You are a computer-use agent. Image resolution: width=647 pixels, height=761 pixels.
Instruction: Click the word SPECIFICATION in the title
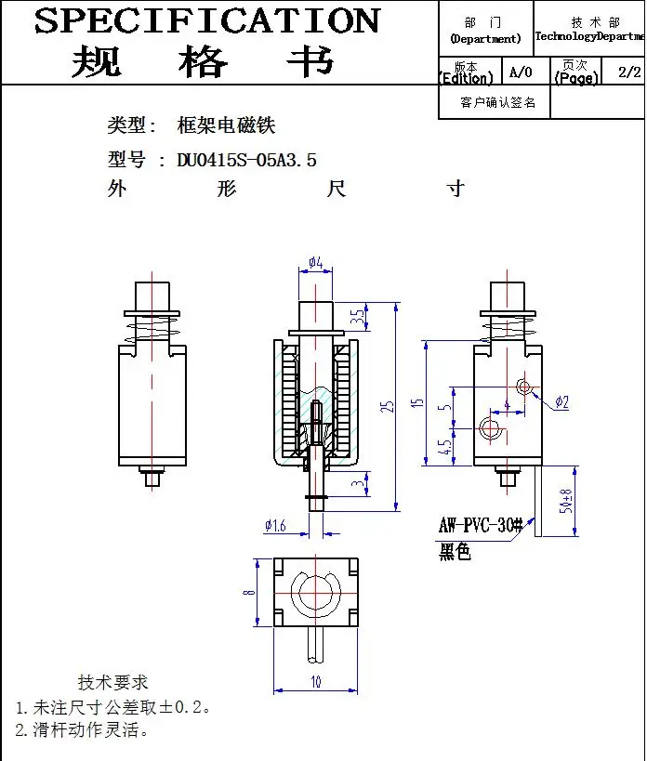207,20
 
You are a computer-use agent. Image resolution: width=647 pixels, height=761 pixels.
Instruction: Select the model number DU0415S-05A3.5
246,160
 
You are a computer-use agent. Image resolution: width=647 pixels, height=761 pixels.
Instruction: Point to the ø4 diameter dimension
315,263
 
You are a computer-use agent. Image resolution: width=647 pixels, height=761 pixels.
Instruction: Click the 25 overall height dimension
390,405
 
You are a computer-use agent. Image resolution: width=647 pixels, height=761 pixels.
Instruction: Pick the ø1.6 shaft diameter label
275,526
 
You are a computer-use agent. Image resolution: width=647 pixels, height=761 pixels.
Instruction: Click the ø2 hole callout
561,401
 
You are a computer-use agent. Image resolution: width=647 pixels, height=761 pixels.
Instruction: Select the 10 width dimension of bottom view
316,681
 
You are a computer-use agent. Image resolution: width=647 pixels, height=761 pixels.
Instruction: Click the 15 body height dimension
418,403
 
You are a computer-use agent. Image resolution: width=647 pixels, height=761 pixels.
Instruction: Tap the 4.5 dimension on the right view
447,447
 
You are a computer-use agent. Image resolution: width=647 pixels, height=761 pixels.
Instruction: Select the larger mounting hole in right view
490,426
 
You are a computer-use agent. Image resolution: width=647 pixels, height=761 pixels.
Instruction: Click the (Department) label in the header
485,39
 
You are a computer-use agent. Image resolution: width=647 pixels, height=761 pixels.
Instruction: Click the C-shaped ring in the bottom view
316,594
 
